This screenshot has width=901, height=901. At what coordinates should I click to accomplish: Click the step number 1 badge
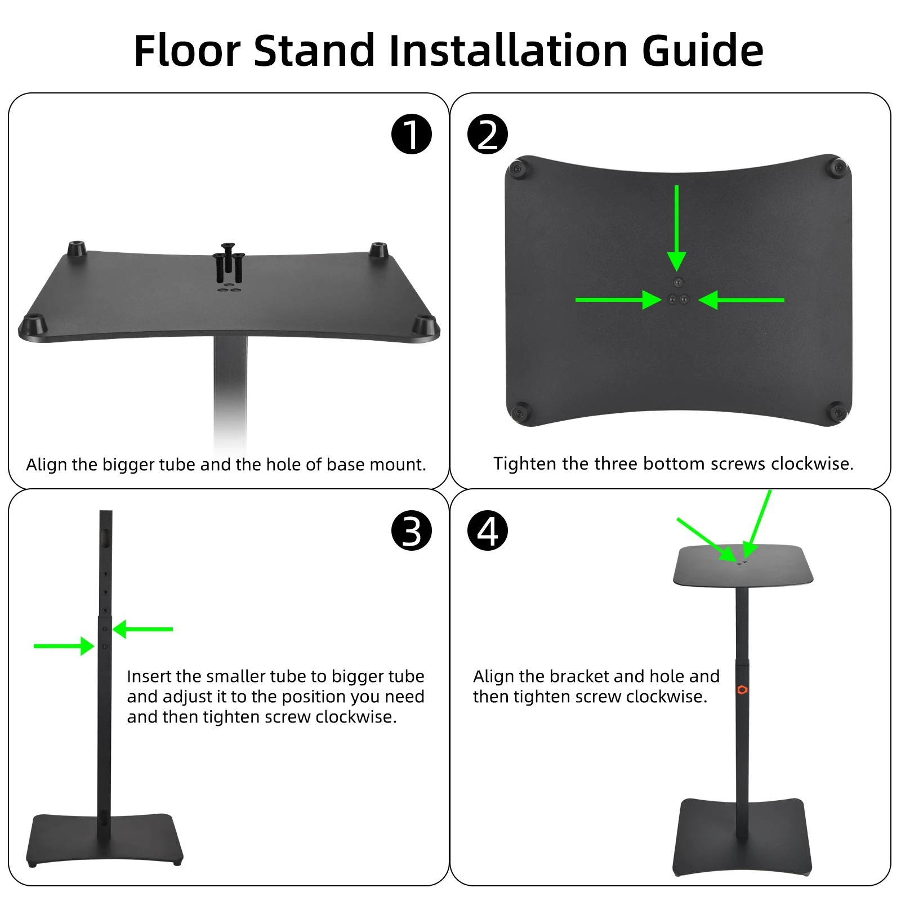[412, 134]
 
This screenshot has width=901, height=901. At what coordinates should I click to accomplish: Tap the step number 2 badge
[488, 134]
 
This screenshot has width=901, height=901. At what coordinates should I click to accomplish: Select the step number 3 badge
[412, 530]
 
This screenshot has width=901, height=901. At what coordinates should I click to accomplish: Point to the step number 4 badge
[488, 530]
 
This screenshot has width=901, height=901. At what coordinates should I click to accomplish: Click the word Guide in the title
[703, 51]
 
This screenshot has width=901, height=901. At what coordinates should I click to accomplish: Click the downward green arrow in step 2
[676, 228]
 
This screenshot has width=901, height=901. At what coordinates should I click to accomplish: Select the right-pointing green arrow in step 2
[618, 300]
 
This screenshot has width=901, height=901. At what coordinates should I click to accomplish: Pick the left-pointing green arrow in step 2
[741, 300]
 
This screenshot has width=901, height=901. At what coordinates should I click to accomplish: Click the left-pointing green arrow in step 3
[143, 628]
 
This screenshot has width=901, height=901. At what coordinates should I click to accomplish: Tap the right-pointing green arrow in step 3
[64, 646]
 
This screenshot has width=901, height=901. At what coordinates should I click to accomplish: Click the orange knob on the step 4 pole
[742, 690]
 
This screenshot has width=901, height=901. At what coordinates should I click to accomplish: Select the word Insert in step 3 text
[149, 676]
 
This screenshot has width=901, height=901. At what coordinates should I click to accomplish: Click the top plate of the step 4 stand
[743, 565]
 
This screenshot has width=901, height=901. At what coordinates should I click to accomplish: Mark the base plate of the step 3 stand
[105, 839]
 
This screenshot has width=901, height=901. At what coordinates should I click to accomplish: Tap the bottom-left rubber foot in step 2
[519, 412]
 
